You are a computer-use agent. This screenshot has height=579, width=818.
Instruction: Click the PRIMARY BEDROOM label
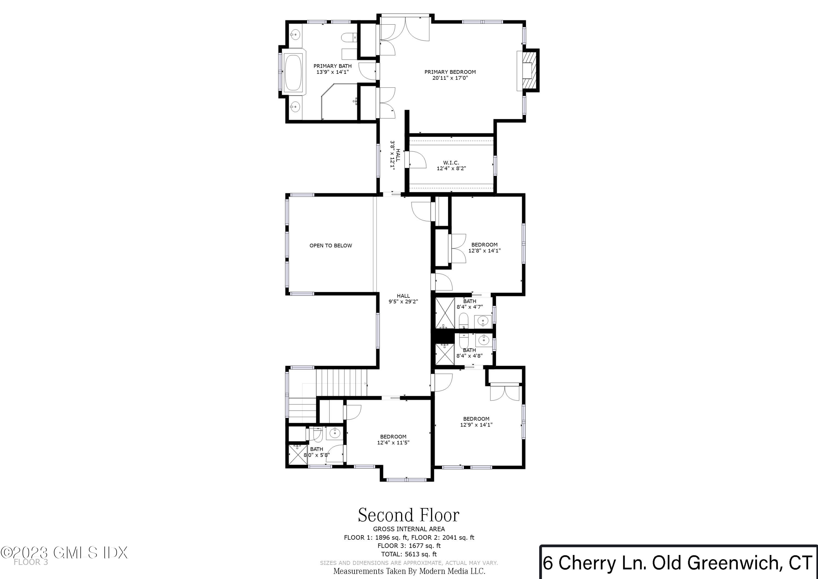[x=450, y=72]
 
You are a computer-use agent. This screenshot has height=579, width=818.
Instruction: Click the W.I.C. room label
[x=451, y=163]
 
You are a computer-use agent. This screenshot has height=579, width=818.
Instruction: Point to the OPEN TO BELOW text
[x=331, y=245]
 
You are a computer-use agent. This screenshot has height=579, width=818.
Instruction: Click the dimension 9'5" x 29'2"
[x=403, y=301]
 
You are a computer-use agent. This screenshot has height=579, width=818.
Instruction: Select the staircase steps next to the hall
[x=341, y=382]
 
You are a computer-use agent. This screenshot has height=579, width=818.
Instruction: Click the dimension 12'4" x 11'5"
[x=393, y=442]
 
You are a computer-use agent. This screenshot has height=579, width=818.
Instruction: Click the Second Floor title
[x=409, y=515]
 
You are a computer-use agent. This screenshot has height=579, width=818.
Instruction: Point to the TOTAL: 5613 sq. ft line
[x=409, y=554]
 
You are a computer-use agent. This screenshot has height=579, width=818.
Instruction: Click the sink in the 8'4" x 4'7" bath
[x=483, y=321]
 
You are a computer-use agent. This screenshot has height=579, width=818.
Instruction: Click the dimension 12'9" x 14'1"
[x=476, y=424]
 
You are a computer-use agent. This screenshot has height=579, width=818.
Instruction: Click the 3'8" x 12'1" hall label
[x=395, y=155]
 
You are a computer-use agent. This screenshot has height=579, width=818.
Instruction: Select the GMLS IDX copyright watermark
[x=64, y=553]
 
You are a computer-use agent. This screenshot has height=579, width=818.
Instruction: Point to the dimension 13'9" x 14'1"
[x=332, y=72]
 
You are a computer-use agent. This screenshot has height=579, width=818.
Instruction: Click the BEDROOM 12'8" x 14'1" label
[x=484, y=248]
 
